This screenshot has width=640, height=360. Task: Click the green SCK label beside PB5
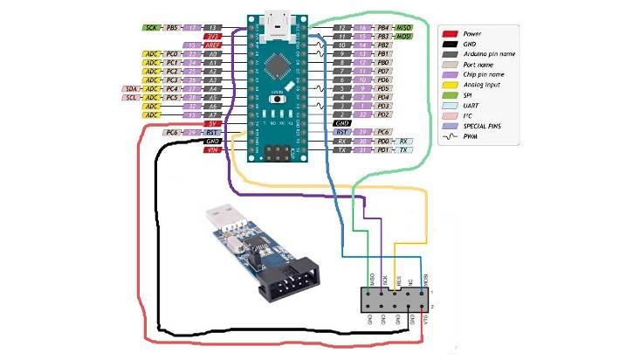(153, 28)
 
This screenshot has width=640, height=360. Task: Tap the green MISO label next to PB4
(406, 28)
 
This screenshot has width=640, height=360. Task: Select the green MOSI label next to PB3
(406, 37)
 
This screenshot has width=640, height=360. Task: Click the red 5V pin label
(210, 123)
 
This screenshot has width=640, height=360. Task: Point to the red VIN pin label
(210, 150)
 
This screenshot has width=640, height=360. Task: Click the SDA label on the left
(131, 88)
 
